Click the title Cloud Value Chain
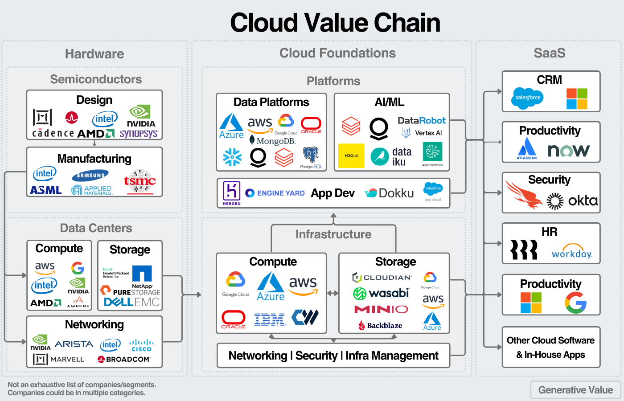[x=335, y=23]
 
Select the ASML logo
[x=46, y=190]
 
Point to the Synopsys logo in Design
[x=139, y=134]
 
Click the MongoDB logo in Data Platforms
[x=272, y=141]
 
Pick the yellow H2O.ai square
[x=351, y=155]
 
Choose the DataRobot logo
[x=421, y=120]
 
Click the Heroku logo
[x=232, y=193]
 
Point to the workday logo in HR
[x=572, y=252]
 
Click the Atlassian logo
[x=527, y=148]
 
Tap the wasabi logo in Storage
[x=381, y=293]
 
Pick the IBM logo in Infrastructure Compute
[x=269, y=319]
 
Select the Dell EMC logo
[x=131, y=302]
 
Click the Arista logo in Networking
[x=74, y=344]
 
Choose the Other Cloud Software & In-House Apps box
[x=551, y=347]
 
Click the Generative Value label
[x=575, y=390]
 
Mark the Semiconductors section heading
[x=96, y=79]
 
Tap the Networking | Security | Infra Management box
[x=333, y=356]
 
